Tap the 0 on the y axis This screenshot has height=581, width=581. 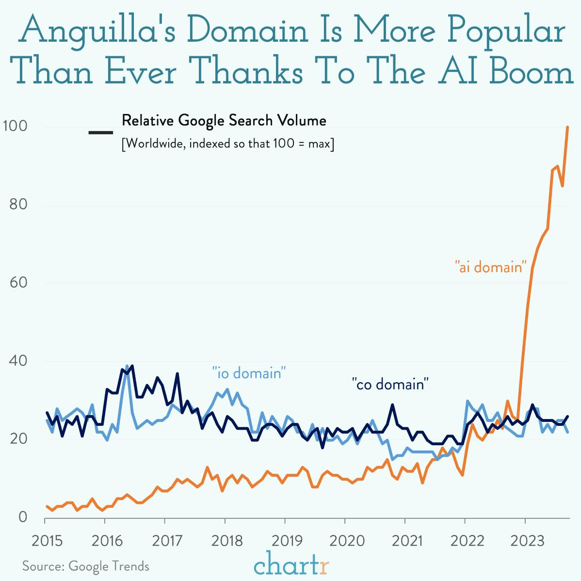point(23,517)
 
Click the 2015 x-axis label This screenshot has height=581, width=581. point(47,540)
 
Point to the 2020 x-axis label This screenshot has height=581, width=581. point(345,540)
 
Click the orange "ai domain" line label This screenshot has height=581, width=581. point(491,267)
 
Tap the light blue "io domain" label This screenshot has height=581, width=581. point(249,373)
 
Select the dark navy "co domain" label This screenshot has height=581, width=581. point(390,385)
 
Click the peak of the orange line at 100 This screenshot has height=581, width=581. point(567,127)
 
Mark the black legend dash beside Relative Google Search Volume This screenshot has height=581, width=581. point(101,132)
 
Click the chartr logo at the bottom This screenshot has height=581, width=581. point(291,564)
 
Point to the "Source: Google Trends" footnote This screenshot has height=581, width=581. point(86,566)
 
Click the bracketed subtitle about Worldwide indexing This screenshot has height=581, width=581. point(227,144)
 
